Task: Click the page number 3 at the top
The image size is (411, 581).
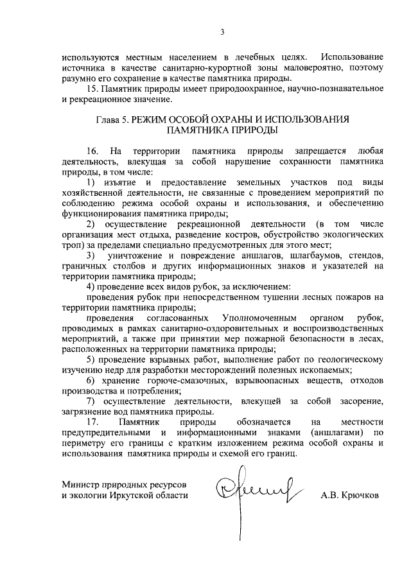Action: click(x=222, y=31)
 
